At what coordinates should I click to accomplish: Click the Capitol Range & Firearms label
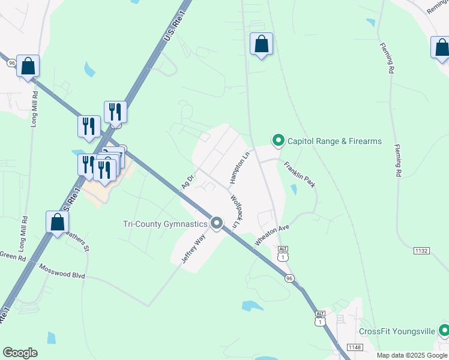coord(334,141)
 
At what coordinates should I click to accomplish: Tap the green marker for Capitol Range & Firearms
coord(278,141)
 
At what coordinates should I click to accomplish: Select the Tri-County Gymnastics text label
coord(164,224)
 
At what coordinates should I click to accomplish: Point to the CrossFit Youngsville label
coord(397,331)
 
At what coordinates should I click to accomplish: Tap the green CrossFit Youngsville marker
coord(444,331)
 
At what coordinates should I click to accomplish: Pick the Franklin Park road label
coord(300,174)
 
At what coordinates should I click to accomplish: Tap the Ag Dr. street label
coord(188,182)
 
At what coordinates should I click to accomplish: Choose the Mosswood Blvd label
coord(62,271)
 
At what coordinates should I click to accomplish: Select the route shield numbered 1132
coord(421,250)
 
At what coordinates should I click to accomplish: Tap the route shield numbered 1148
coord(355,347)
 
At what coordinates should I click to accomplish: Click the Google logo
coord(20,353)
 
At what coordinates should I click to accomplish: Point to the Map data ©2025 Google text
coord(412,355)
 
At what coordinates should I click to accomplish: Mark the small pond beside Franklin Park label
coord(293,190)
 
